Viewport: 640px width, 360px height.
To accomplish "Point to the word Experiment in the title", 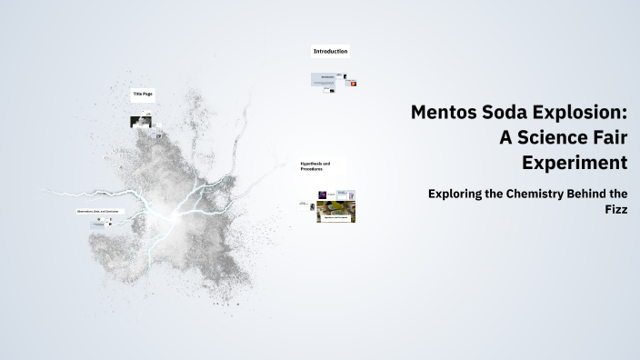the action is (x=575, y=164).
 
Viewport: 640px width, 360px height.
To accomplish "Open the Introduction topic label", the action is (x=330, y=52).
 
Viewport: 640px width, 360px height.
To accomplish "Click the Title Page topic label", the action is (x=143, y=94).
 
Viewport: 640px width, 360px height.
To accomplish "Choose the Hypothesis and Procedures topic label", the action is (x=315, y=167).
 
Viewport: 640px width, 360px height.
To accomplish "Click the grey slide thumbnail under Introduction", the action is (x=325, y=79).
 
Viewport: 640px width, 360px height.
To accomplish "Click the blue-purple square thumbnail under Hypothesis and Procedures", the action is (x=323, y=194).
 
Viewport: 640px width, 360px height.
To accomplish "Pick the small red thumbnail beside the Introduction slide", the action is (x=354, y=84).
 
